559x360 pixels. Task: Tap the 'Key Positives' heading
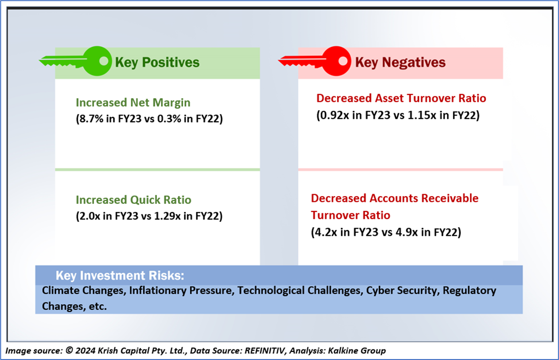157,62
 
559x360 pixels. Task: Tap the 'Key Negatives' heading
400,62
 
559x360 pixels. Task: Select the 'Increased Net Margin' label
133,103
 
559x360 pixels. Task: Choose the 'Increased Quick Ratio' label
133,200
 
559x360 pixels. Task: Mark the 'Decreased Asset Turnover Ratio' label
401,98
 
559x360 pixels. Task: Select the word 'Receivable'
450,198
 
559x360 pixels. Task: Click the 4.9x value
407,232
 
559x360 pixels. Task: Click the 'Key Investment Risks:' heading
120,276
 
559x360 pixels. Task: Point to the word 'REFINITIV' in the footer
264,351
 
